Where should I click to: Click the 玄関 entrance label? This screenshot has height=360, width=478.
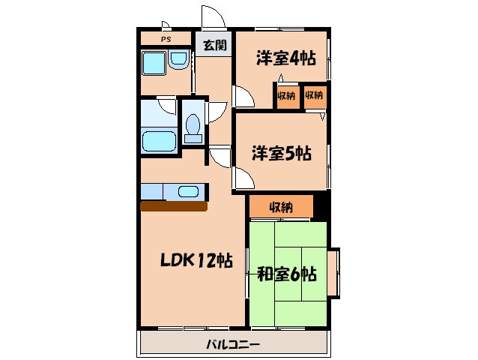tap(214, 45)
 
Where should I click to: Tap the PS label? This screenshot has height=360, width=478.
tap(165, 39)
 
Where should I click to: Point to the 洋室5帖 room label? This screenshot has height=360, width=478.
tap(281, 154)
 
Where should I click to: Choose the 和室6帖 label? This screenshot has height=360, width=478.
tap(286, 274)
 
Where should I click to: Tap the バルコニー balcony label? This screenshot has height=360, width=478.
tap(233, 345)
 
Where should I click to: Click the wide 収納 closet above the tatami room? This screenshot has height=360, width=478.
tap(281, 207)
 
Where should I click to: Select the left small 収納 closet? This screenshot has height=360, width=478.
tap(286, 96)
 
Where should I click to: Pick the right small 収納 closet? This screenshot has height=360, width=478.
tap(314, 96)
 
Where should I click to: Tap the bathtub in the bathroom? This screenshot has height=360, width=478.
tap(158, 140)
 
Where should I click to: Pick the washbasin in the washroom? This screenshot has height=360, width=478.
tap(178, 60)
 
